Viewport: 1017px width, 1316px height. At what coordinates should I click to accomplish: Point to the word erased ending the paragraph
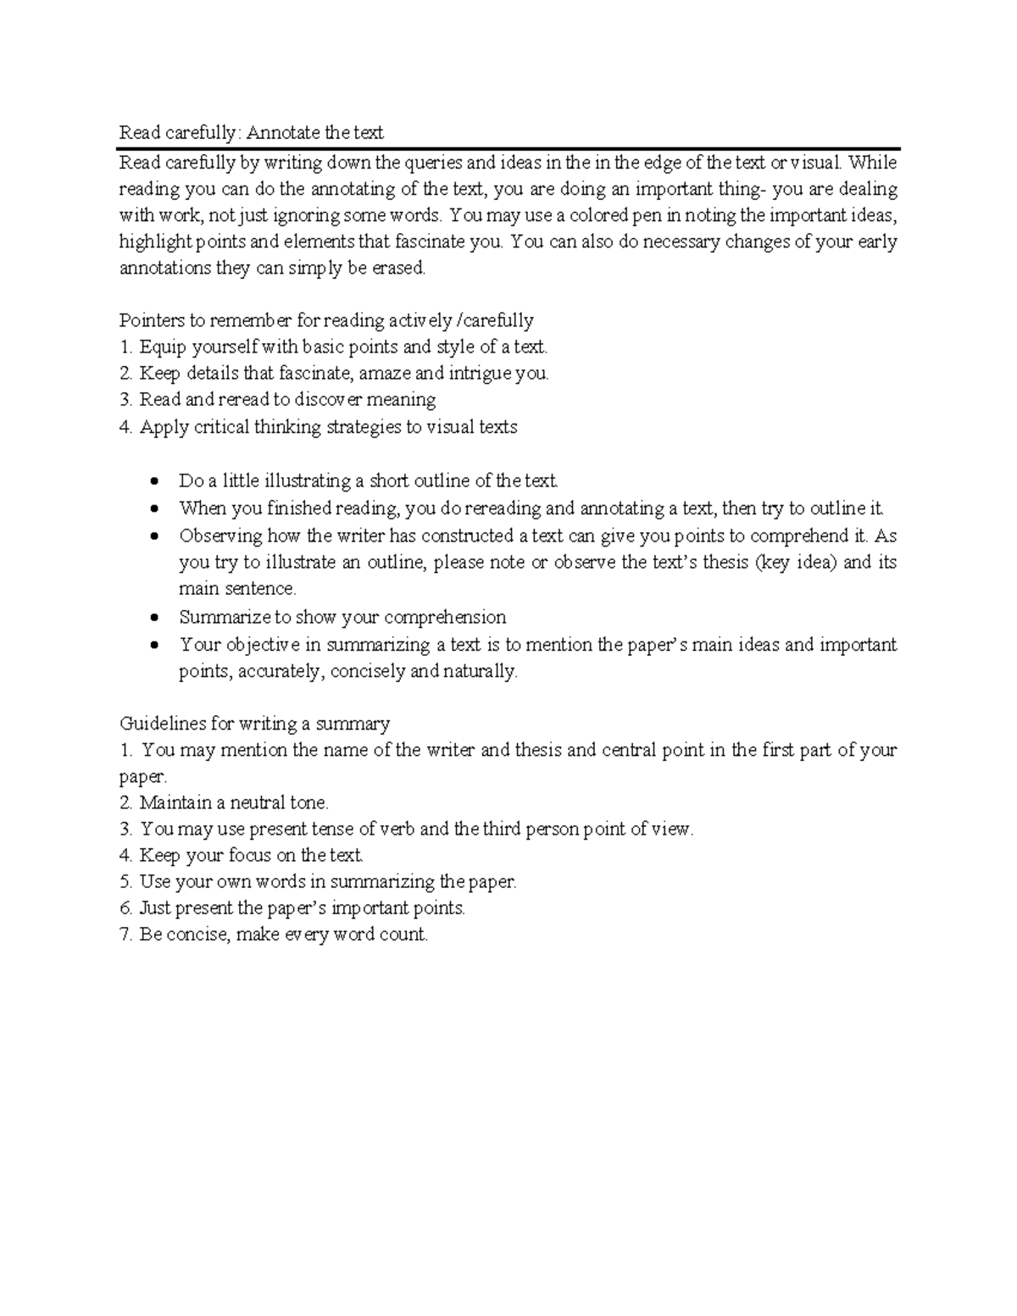click(397, 269)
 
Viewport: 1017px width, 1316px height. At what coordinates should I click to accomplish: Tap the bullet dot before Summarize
click(153, 618)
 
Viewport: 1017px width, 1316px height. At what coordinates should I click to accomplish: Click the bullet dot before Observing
click(153, 536)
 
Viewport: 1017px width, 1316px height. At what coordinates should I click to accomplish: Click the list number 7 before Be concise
click(125, 935)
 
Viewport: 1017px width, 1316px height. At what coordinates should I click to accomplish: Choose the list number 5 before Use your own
click(125, 881)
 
